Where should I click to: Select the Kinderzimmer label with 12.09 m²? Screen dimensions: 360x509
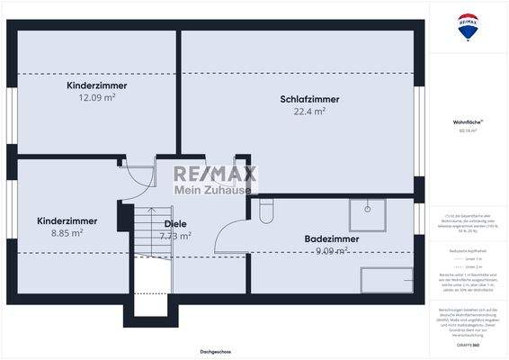[96, 85]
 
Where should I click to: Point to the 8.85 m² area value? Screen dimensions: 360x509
[67, 232]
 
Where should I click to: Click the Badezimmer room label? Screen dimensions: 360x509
[332, 239]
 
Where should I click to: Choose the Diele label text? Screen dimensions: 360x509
[175, 224]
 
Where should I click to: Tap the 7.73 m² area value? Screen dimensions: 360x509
[175, 236]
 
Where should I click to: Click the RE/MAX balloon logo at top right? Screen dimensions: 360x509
[468, 26]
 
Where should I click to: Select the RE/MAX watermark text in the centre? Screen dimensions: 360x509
[215, 173]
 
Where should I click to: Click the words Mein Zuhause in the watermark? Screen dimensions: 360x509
[215, 190]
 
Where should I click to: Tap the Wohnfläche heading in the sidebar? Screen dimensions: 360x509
[468, 121]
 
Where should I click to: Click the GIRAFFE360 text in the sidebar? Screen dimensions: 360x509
[468, 345]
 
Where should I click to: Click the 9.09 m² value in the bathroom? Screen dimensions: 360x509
[332, 251]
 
